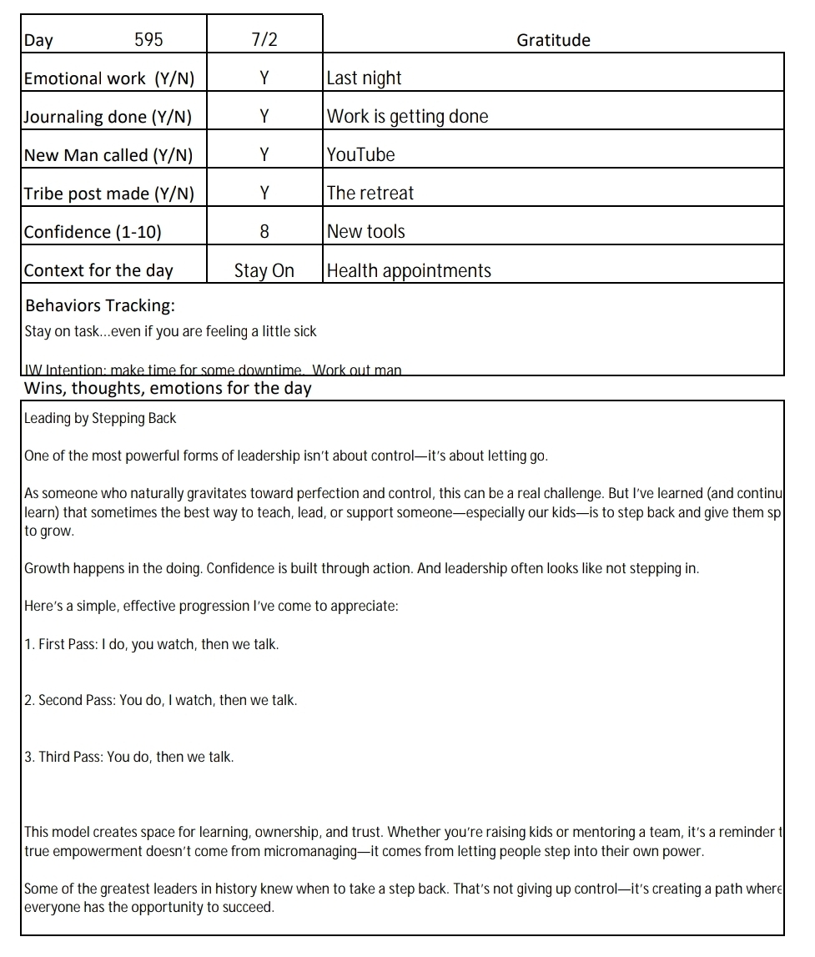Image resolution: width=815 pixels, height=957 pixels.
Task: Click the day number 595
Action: point(148,40)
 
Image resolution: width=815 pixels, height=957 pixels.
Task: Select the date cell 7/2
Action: point(264,40)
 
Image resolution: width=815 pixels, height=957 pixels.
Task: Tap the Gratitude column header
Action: point(553,40)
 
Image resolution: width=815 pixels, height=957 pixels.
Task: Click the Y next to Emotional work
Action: point(264,78)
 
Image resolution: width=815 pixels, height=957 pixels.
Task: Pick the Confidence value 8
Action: point(264,232)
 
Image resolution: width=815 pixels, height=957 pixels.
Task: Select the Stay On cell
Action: point(264,271)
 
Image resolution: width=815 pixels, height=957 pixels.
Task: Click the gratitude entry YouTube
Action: point(360,155)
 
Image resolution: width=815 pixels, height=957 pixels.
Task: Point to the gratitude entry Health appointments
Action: point(409,271)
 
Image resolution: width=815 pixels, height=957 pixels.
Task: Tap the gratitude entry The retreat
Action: point(370,194)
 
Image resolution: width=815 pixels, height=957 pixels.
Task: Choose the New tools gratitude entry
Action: point(365,232)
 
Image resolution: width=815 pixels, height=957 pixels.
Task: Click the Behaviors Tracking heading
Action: point(100,305)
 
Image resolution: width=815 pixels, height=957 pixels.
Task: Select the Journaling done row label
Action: point(108,117)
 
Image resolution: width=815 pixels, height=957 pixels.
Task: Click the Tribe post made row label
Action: point(108,194)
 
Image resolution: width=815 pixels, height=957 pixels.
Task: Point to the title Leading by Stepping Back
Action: point(100,418)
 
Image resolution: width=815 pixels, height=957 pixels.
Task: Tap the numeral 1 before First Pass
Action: point(28,645)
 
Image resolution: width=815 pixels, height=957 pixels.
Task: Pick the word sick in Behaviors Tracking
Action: point(304,331)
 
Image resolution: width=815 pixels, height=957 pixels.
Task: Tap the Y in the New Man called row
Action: point(264,155)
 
